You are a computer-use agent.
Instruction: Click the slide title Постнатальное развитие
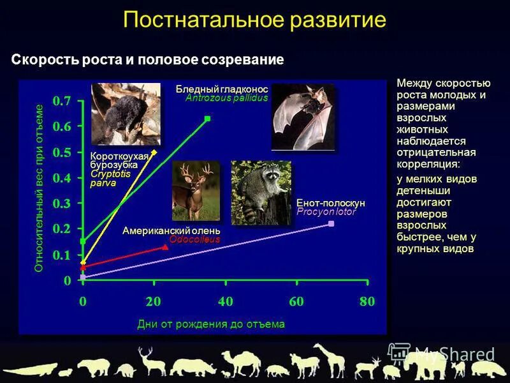coord(254,19)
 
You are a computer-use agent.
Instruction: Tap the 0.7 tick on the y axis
coord(62,101)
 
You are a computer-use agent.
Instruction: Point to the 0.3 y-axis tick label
coord(62,203)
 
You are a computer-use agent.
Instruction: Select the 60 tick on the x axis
coord(296,302)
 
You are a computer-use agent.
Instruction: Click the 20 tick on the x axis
coord(153,302)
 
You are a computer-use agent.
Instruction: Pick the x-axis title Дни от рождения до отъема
coord(211,324)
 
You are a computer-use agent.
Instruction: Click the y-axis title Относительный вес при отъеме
coord(39,188)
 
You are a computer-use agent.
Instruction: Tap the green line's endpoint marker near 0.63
coord(207,119)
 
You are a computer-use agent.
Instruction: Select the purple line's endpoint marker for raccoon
coord(331,223)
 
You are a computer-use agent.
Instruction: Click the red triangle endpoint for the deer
coord(166,247)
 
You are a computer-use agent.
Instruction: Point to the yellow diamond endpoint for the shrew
coord(154,152)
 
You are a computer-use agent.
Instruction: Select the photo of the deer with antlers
coord(196,190)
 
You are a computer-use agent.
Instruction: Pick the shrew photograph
coord(117,114)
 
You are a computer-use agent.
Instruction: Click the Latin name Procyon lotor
coord(326,211)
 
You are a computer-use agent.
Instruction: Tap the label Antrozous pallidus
coord(226,98)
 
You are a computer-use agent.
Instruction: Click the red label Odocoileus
coord(194,239)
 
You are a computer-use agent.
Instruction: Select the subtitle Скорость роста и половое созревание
coord(147,60)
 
